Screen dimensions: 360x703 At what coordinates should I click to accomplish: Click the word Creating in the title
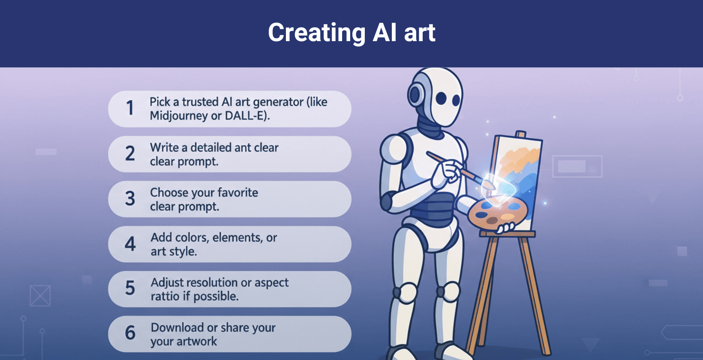(x=316, y=33)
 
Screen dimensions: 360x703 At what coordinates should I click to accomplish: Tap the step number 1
(x=130, y=108)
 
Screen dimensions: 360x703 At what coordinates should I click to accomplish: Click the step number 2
(x=130, y=153)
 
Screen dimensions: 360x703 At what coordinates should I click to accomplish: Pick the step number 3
(x=130, y=199)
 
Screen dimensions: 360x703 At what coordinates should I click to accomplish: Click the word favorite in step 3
(x=237, y=192)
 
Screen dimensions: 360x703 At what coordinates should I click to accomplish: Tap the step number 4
(x=130, y=244)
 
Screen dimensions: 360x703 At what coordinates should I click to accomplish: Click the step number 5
(x=130, y=288)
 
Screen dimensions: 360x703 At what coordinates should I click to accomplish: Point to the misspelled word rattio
(x=165, y=296)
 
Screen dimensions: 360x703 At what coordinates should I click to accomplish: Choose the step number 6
(x=130, y=333)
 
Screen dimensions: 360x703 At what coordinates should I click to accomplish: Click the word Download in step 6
(x=177, y=327)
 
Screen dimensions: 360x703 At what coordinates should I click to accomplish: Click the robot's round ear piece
(x=415, y=95)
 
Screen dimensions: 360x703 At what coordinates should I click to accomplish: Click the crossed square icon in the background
(x=40, y=296)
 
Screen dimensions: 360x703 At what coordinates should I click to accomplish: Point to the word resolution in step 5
(x=213, y=282)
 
